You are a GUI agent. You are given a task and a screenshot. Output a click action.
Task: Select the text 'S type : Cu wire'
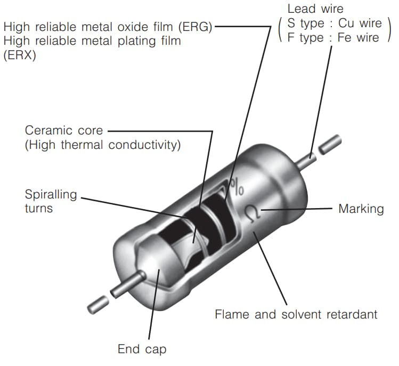335,23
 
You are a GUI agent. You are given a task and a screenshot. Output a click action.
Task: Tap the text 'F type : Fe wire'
334,37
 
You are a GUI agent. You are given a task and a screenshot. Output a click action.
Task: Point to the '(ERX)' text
20,54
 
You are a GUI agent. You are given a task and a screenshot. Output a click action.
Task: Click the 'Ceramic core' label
64,131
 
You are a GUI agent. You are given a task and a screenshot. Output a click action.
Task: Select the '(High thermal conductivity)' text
103,145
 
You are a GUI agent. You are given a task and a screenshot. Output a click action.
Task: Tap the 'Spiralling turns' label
51,201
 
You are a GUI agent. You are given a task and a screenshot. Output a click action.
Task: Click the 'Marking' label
361,208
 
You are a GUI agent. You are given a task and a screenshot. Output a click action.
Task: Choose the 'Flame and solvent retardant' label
296,314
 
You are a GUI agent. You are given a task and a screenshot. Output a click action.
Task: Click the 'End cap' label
142,349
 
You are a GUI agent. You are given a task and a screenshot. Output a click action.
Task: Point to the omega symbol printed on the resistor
251,213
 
